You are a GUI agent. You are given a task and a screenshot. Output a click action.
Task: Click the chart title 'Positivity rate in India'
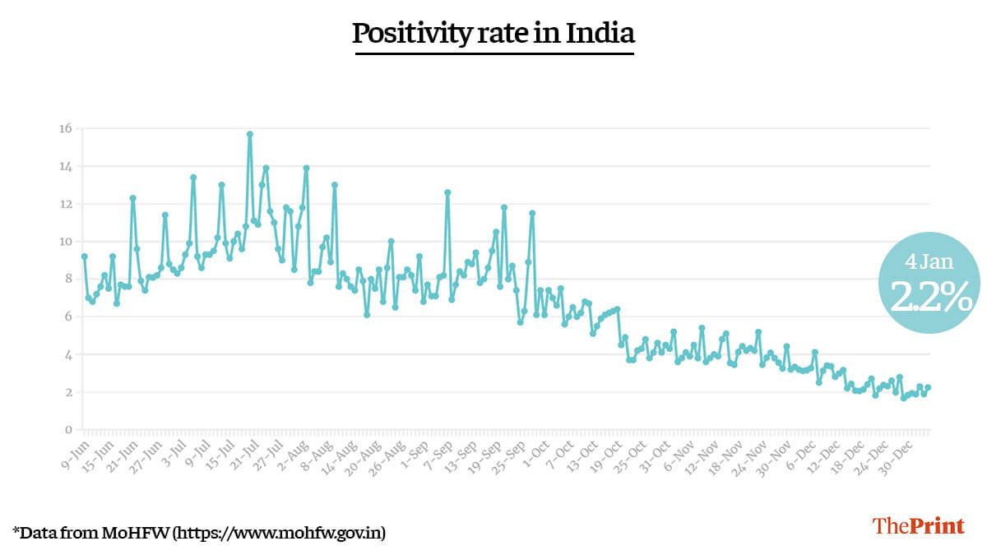(493, 34)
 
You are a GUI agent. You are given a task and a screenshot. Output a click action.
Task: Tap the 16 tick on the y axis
(64, 128)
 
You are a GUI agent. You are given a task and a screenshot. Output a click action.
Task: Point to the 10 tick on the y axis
(64, 242)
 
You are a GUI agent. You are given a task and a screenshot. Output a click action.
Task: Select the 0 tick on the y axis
(69, 430)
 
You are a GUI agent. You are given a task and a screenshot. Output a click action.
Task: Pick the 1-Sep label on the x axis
(412, 450)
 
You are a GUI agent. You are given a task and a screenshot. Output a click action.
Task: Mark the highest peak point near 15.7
(249, 134)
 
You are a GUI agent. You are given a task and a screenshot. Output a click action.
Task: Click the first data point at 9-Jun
(84, 257)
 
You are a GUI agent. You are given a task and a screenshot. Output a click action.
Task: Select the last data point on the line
(928, 387)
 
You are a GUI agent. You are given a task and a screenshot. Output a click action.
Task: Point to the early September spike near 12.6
(447, 192)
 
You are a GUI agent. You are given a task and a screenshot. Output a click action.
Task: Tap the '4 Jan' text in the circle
(929, 262)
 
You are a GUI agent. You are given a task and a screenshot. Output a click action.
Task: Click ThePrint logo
(918, 526)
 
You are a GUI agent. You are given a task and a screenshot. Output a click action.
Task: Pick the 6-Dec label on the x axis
(799, 451)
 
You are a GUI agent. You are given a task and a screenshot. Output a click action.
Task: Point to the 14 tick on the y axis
(64, 167)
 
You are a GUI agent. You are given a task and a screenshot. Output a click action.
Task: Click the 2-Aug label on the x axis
(292, 451)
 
